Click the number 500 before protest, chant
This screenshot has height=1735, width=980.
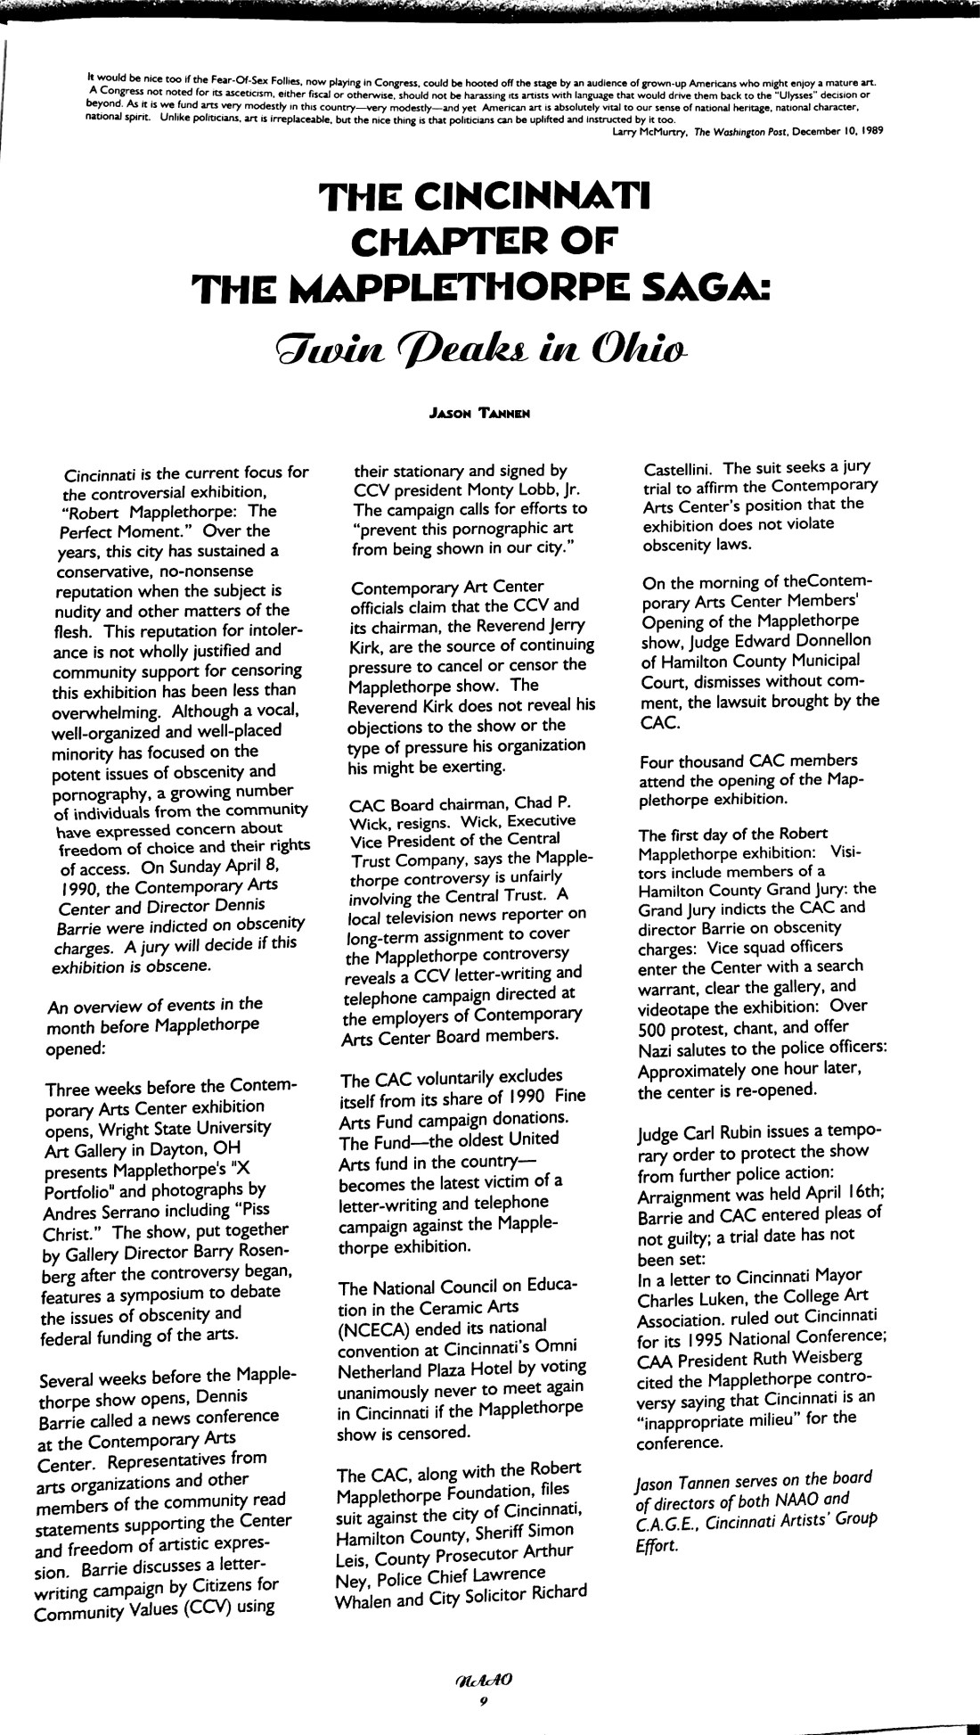(x=653, y=1028)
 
